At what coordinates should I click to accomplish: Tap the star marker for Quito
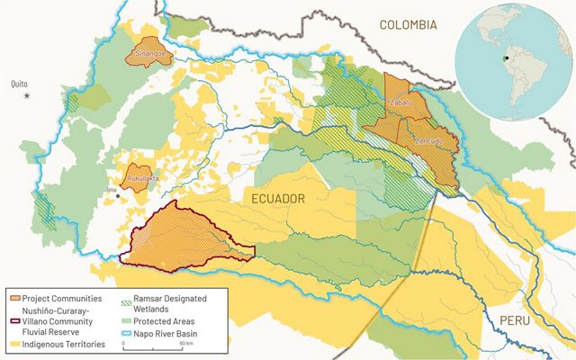[27, 95]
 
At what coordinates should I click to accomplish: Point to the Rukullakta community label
[141, 178]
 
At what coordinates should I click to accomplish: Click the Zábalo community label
[400, 103]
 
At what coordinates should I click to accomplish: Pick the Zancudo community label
[428, 141]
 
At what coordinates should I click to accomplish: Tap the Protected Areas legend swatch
[127, 320]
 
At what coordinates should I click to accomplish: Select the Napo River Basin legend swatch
[127, 335]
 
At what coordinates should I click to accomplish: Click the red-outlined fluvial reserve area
[189, 236]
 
